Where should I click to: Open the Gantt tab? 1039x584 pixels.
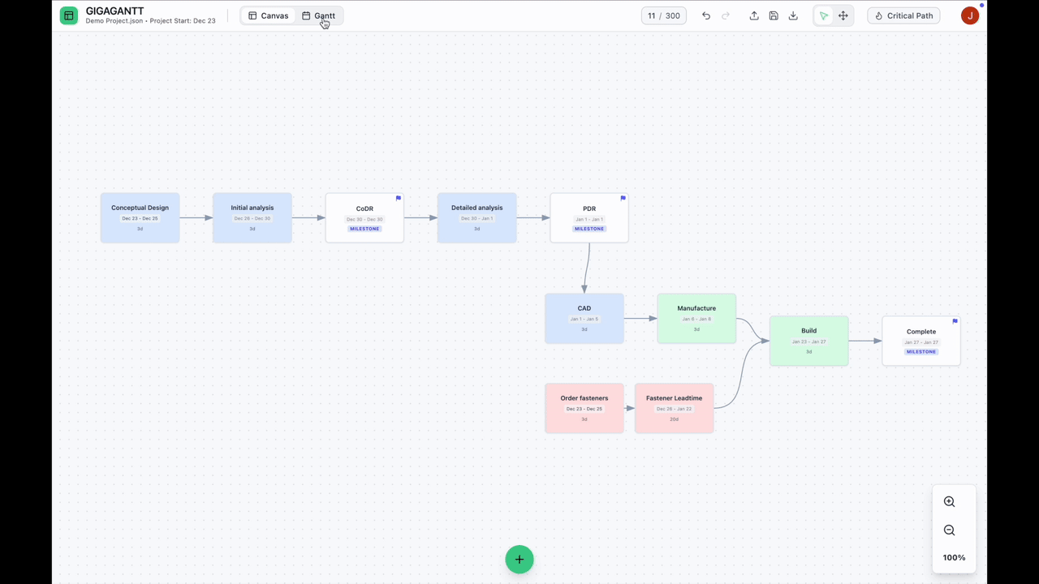[318, 15]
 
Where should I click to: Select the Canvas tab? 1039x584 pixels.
[269, 15]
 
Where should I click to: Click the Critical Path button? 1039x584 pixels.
[903, 15]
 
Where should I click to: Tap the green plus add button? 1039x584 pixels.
[519, 559]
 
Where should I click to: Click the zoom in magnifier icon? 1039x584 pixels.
[949, 502]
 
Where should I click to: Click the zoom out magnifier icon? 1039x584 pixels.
[949, 530]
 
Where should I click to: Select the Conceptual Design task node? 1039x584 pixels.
[140, 217]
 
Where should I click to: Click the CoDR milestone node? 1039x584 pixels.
[364, 217]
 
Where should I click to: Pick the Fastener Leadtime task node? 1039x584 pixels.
[674, 408]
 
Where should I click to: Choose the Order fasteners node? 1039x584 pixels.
[584, 408]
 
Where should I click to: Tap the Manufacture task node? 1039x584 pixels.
[696, 318]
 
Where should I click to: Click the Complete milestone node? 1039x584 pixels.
[920, 341]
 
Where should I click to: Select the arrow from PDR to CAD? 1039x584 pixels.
[587, 268]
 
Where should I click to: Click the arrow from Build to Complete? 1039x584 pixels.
[865, 341]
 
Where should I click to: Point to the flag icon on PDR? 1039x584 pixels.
[623, 198]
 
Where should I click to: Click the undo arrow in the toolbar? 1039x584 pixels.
[706, 15]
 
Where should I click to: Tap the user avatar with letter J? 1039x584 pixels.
[969, 15]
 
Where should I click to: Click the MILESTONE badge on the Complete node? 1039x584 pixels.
[920, 352]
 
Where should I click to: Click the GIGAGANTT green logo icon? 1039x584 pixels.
[69, 15]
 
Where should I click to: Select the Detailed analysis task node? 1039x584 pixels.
[476, 217]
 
